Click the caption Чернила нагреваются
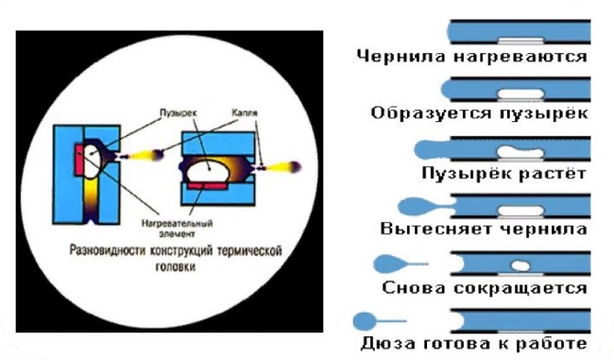pyautogui.click(x=472, y=56)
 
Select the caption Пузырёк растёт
pyautogui.click(x=504, y=173)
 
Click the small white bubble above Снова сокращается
pyautogui.click(x=518, y=265)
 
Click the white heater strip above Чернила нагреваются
pyautogui.click(x=520, y=41)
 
